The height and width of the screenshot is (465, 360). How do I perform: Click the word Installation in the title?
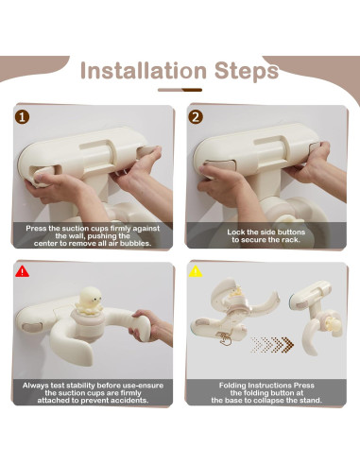click(144, 70)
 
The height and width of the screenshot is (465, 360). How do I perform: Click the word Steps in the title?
click(247, 71)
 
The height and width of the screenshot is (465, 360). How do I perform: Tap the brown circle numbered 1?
click(22, 117)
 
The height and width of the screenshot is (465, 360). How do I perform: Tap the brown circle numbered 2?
click(196, 117)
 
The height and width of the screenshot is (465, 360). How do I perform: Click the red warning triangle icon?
click(22, 271)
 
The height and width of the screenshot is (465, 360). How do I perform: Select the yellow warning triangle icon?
click(196, 271)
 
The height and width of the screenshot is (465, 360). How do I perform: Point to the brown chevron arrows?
click(272, 344)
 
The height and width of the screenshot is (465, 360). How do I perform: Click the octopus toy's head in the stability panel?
click(89, 297)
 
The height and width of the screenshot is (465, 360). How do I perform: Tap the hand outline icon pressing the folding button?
click(225, 339)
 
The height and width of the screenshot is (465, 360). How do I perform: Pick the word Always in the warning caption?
click(34, 386)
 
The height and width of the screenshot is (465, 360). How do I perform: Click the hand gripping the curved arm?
click(150, 325)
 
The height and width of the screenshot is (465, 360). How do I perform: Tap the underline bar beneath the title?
click(180, 90)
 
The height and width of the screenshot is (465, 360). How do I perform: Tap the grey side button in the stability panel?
click(32, 327)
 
